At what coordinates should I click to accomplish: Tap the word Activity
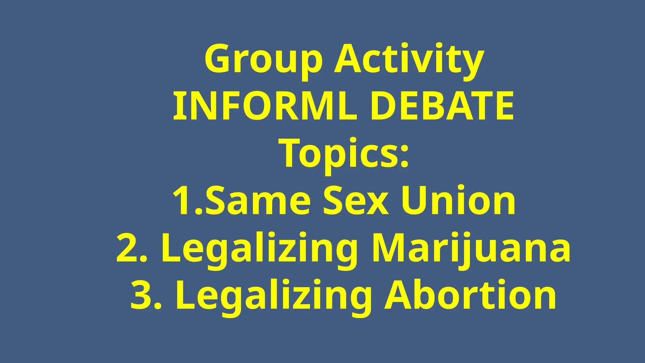(409, 60)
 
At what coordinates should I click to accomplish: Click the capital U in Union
(416, 200)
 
